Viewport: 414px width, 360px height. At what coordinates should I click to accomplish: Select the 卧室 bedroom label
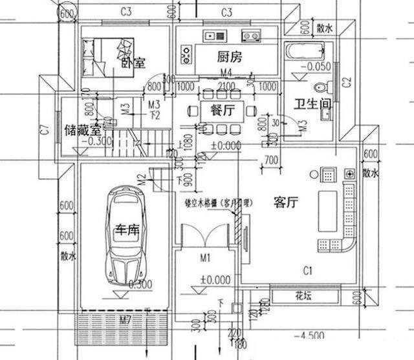tap(133, 63)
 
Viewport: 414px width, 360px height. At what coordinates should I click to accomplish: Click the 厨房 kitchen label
tap(229, 57)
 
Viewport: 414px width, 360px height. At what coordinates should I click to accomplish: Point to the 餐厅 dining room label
tap(222, 109)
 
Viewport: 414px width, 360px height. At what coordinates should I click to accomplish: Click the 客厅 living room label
tap(285, 202)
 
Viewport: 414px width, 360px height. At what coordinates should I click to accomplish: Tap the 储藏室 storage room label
tap(82, 130)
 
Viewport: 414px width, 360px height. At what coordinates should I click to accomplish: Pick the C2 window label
tap(346, 81)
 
